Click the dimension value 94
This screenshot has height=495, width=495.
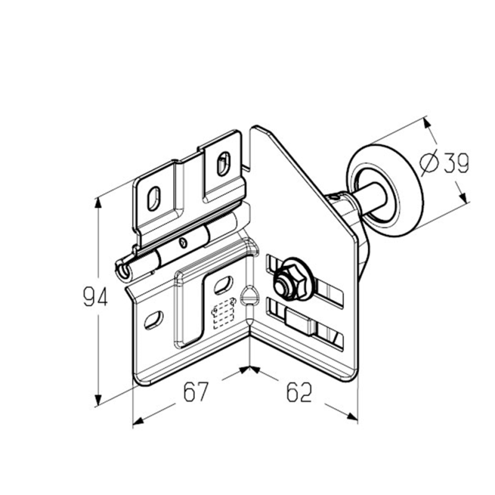coord(95,296)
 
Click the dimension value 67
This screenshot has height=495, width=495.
coord(196,392)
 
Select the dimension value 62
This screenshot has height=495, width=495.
coord(299,392)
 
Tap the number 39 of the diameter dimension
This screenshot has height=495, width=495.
coord(457,163)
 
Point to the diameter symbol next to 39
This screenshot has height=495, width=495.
coord(429,163)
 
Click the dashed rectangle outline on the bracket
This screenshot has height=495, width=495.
coord(223,314)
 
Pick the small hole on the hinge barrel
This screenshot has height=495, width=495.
coord(183,243)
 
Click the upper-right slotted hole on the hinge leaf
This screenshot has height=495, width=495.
coord(223,163)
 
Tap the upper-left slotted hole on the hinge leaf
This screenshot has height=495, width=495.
coord(153,199)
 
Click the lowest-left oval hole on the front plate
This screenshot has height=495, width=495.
coord(153,321)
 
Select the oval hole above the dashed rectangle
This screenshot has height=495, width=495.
coord(223,285)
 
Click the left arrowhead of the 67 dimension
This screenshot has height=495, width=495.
coord(138,420)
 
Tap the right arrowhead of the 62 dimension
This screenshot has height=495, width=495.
coord(352,416)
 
